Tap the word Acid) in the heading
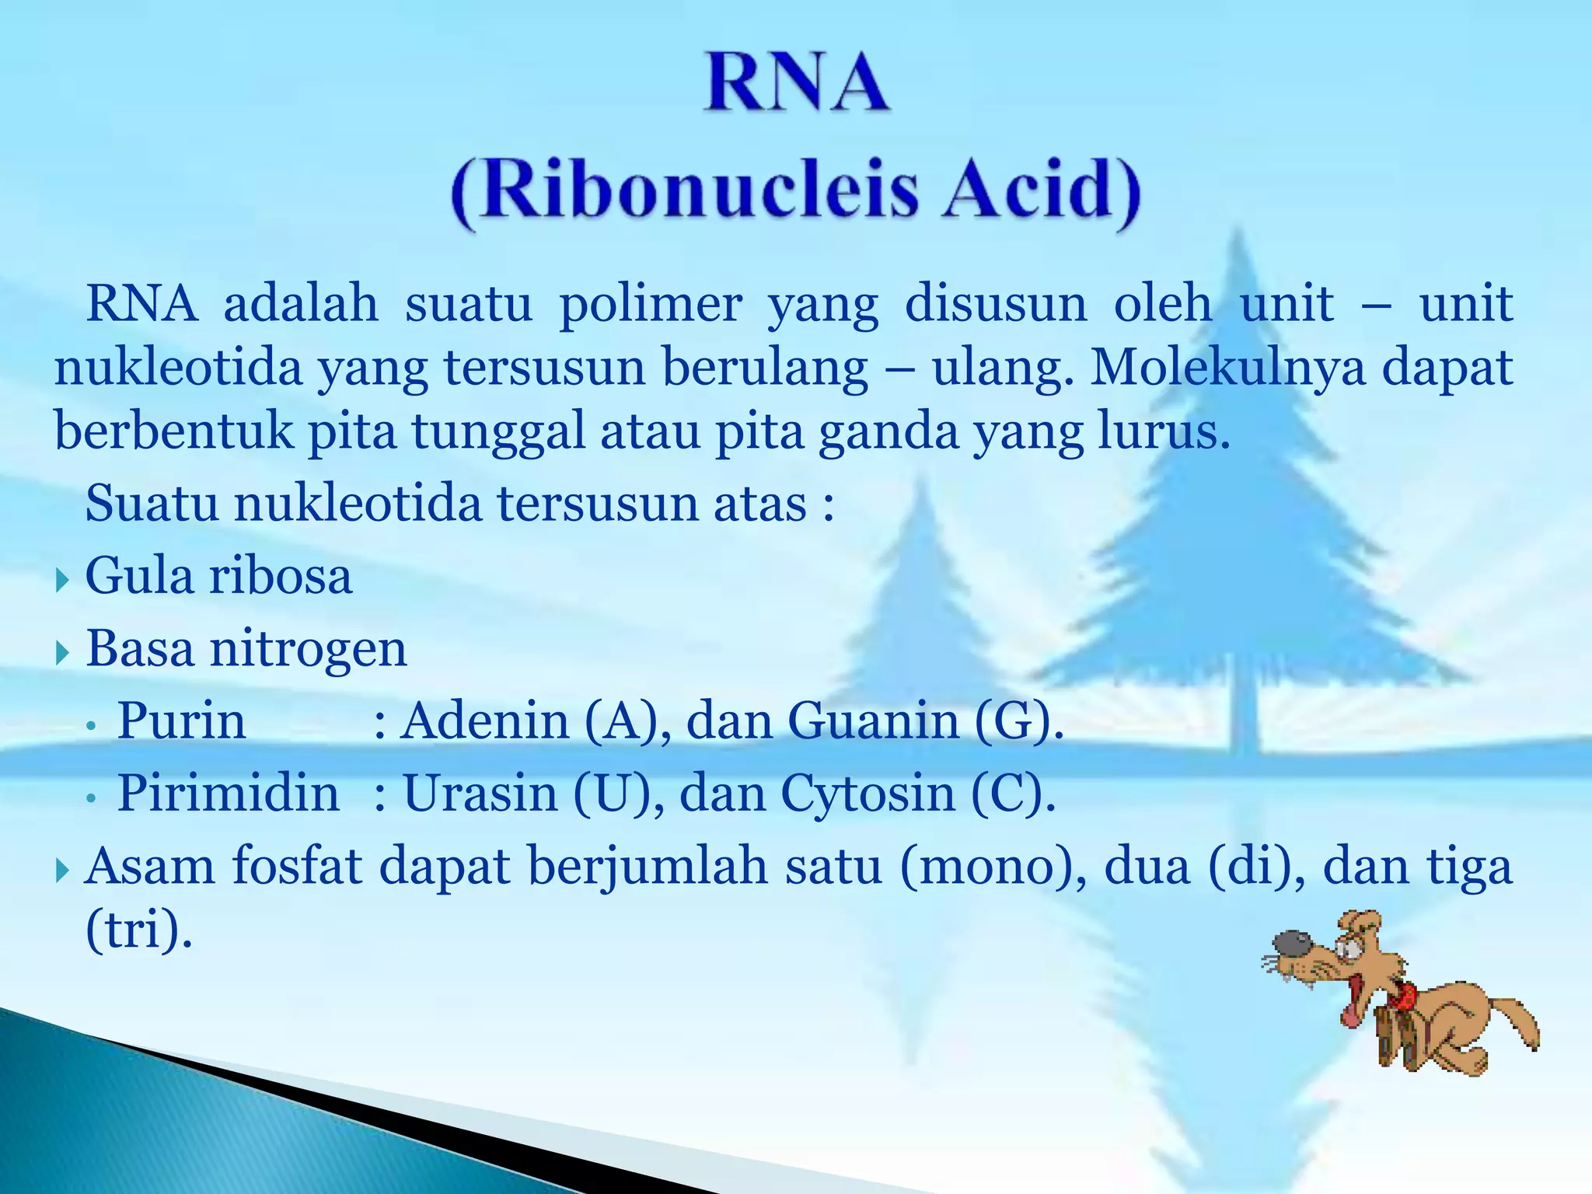1042,190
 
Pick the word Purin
181,721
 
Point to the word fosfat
297,866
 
